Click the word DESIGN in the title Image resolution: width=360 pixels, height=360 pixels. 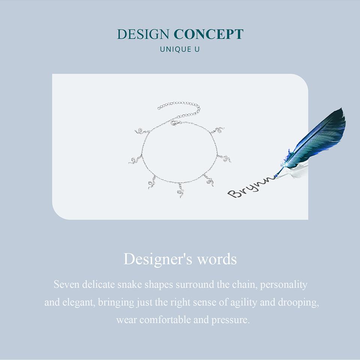[x=143, y=34]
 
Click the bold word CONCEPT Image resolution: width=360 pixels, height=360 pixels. [x=208, y=34]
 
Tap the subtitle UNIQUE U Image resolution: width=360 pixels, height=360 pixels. [x=180, y=49]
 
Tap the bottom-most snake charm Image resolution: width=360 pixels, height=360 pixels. [x=180, y=190]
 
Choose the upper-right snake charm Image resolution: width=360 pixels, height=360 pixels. [x=217, y=130]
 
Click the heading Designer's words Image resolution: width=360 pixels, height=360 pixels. [x=180, y=259]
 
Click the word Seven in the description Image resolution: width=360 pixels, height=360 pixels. [x=67, y=285]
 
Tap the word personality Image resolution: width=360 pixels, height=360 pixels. [x=283, y=285]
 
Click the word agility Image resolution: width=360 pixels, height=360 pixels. [x=244, y=303]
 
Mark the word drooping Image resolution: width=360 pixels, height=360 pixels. [x=298, y=303]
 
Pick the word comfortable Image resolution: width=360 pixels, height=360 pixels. [x=165, y=320]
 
